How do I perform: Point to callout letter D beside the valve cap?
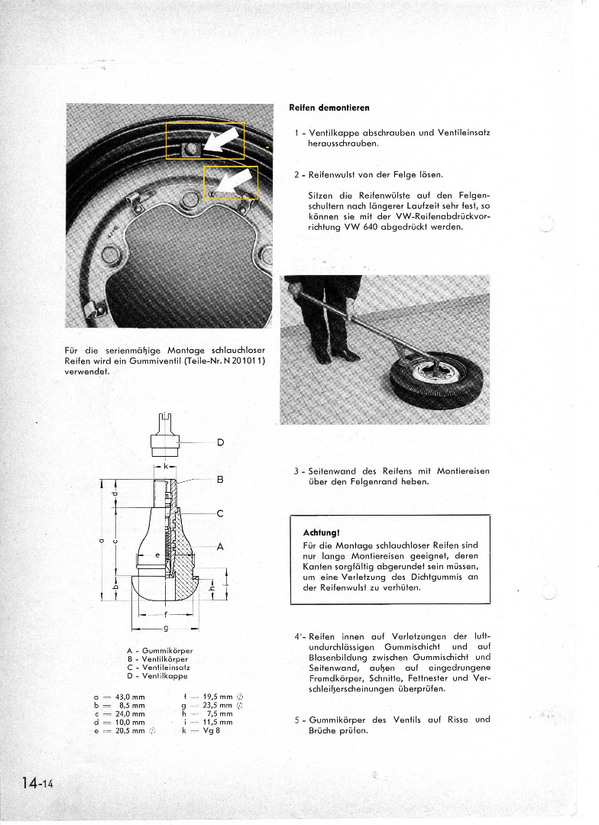(220, 442)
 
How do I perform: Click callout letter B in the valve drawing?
(220, 480)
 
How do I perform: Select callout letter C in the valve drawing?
(220, 513)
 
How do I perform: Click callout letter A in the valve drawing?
(220, 546)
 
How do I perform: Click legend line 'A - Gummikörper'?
(160, 650)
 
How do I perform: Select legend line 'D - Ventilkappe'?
(157, 676)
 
